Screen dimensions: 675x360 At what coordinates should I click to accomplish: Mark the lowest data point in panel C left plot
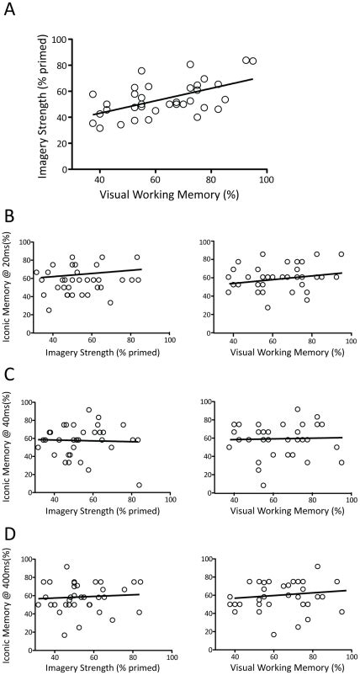pyautogui.click(x=139, y=485)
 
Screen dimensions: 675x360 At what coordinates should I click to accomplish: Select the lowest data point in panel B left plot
pyautogui.click(x=49, y=310)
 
